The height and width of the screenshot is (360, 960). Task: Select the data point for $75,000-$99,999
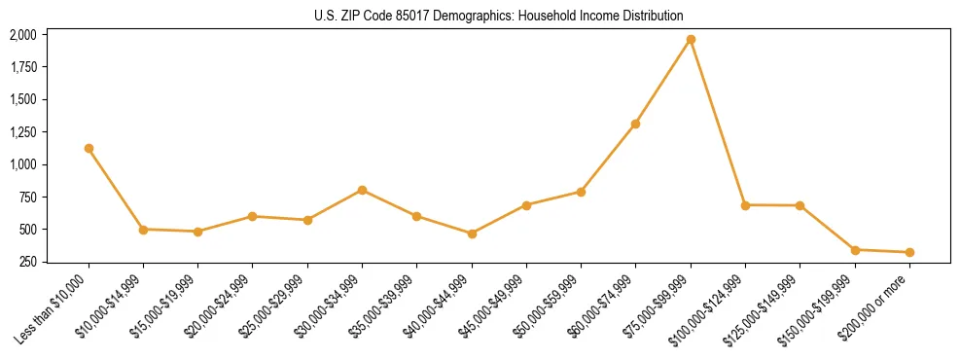691,40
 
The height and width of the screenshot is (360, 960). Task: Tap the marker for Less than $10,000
89,149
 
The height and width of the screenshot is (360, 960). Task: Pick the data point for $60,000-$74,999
636,124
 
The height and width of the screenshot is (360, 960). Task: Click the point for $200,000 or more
909,252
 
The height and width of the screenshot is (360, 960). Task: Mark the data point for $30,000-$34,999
362,190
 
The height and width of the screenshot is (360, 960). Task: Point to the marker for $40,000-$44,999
472,234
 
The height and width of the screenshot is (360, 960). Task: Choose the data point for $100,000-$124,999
745,205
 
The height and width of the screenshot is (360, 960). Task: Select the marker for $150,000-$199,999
855,250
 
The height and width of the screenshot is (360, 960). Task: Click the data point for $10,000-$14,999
143,230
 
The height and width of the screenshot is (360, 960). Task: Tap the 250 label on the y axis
28,263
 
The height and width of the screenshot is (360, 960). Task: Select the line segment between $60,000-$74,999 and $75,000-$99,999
663,82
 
